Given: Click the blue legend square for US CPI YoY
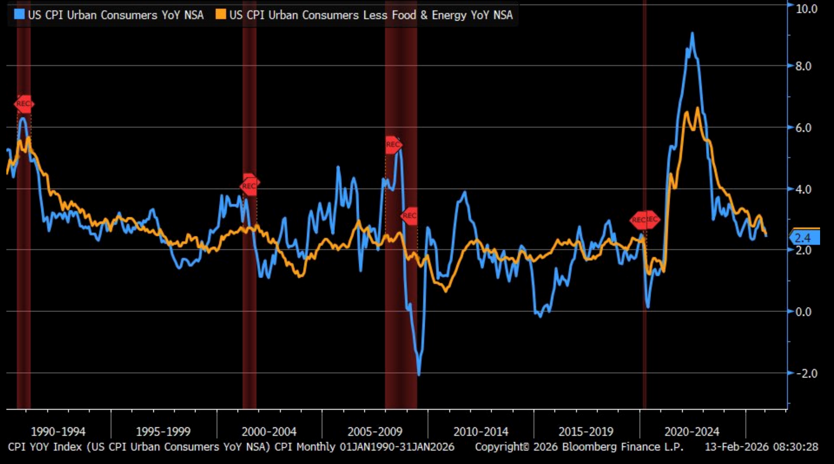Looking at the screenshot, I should pyautogui.click(x=19, y=15).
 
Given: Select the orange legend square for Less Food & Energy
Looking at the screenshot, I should pyautogui.click(x=221, y=15).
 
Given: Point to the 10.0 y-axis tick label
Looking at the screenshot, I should pyautogui.click(x=806, y=9).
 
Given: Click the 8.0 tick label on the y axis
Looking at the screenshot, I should pyautogui.click(x=803, y=66).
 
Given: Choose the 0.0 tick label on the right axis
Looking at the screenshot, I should pyautogui.click(x=803, y=312).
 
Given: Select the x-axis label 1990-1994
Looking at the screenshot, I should pyautogui.click(x=58, y=431).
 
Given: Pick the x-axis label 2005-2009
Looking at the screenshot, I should pyautogui.click(x=375, y=431).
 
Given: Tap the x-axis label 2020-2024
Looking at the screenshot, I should pyautogui.click(x=692, y=431).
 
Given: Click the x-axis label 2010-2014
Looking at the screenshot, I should pyautogui.click(x=481, y=431).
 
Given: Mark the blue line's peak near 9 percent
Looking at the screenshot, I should pyautogui.click(x=693, y=33).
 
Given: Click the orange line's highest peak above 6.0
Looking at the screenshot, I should pyautogui.click(x=698, y=108).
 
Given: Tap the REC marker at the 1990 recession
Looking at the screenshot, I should pyautogui.click(x=24, y=104).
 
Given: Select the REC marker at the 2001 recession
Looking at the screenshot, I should pyautogui.click(x=249, y=185).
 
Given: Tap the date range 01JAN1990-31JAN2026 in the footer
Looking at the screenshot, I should pyautogui.click(x=397, y=447).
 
